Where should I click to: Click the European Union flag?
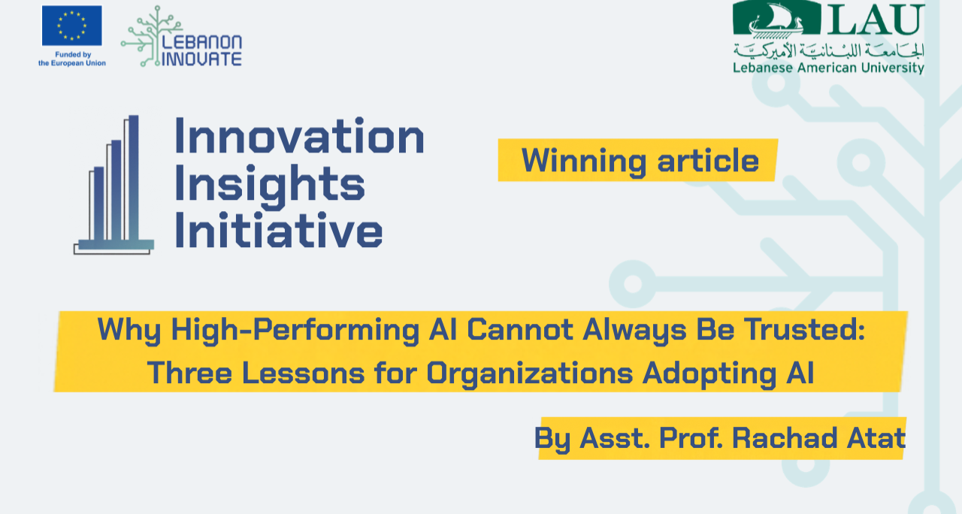71,26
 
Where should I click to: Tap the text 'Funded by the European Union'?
72,59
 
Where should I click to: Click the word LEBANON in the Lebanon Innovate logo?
202,43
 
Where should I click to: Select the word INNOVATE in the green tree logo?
202,59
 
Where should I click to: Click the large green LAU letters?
876,20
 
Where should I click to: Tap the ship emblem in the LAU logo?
776,19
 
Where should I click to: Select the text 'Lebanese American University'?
828,68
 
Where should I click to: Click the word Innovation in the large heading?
300,136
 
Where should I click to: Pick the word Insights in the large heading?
270,186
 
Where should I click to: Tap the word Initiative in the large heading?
279,230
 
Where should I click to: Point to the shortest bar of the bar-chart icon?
98,204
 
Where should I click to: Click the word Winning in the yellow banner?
584,161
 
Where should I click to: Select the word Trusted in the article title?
804,329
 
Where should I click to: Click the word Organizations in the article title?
530,373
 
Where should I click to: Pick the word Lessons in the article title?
303,373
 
